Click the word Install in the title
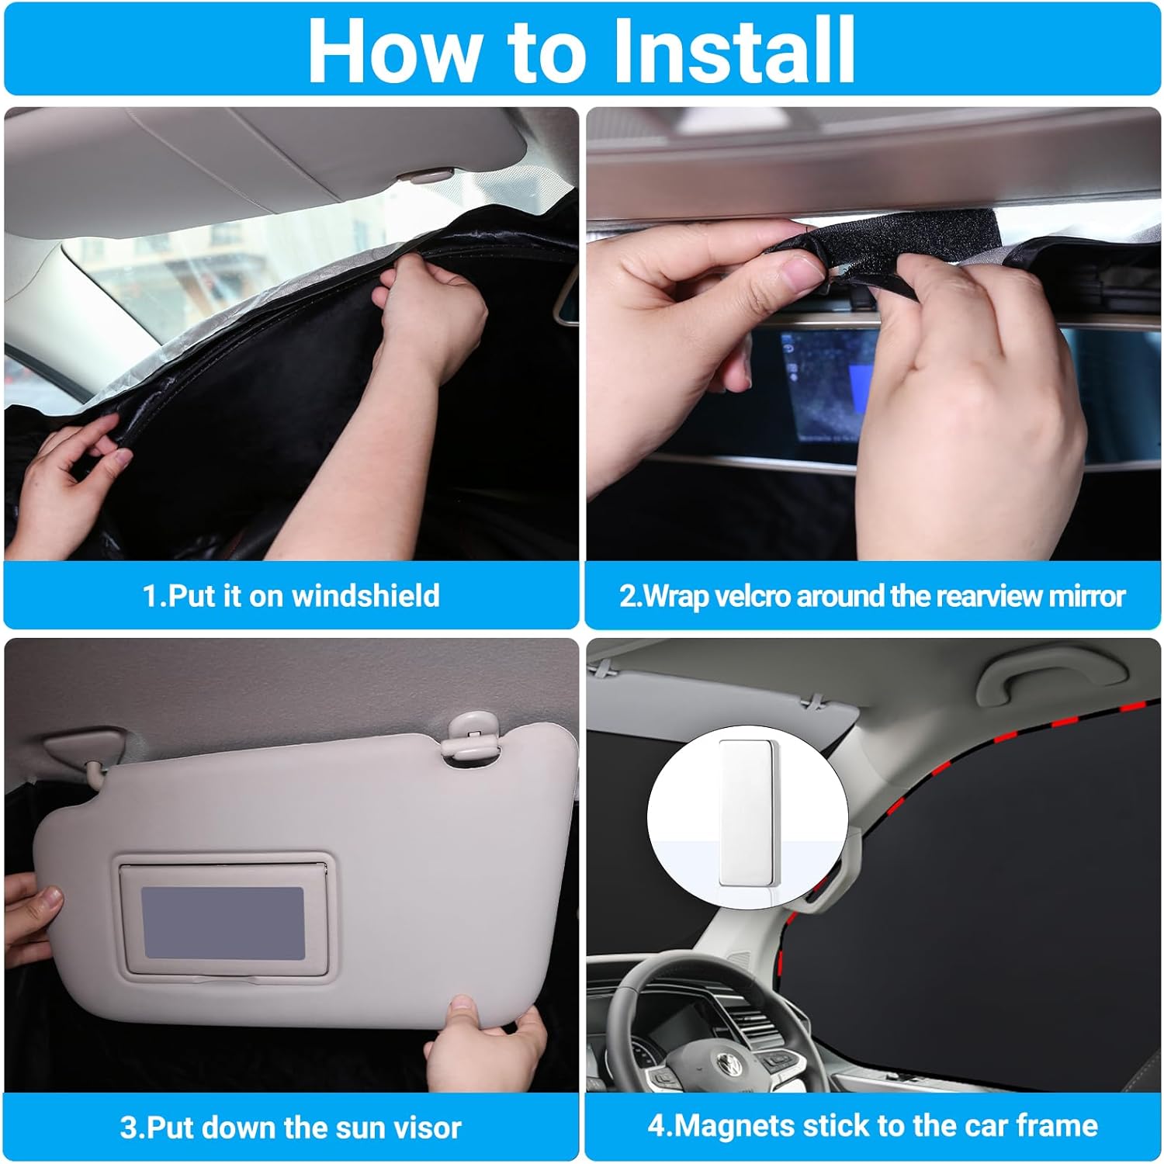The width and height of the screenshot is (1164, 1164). pos(733,50)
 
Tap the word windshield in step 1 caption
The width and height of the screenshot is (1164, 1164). pos(365,596)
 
